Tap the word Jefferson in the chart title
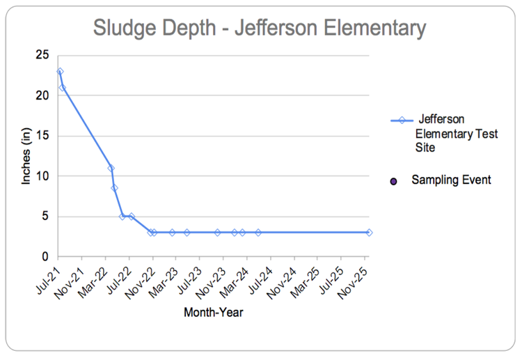[276, 27]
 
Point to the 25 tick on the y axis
[42, 55]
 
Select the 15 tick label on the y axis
[42, 136]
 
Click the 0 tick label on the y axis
[45, 256]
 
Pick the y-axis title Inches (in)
[26, 156]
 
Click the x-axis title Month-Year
[214, 313]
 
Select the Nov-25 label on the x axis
[353, 283]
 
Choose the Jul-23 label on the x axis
[190, 280]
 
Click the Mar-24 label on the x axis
[235, 282]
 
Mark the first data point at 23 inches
[60, 72]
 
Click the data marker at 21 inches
[62, 88]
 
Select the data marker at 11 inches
[111, 169]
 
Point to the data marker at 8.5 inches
[114, 188]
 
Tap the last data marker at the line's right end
[369, 233]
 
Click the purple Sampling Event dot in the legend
[393, 182]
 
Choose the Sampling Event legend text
[451, 180]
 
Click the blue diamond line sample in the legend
[402, 120]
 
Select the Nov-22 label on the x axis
[141, 283]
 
